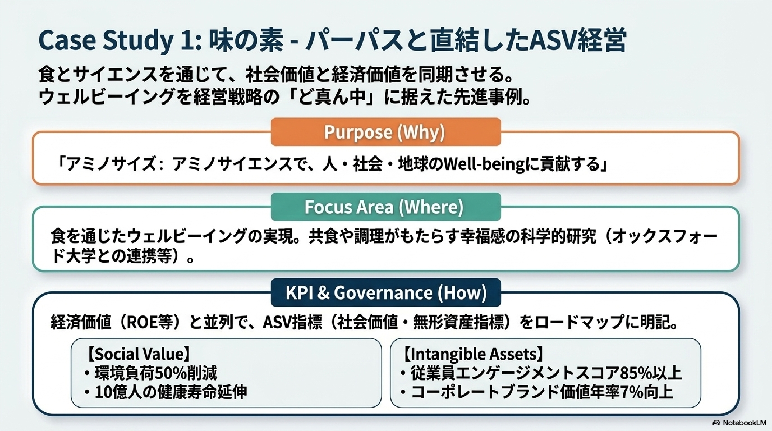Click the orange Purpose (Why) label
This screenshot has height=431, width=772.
click(x=386, y=132)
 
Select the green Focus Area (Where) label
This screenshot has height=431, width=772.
click(x=386, y=207)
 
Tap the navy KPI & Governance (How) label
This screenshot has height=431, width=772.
click(x=386, y=293)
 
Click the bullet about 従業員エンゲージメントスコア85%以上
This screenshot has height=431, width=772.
click(x=541, y=373)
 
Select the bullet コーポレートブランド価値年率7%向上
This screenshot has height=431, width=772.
click(x=537, y=392)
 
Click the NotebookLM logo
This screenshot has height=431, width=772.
click(x=739, y=423)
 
